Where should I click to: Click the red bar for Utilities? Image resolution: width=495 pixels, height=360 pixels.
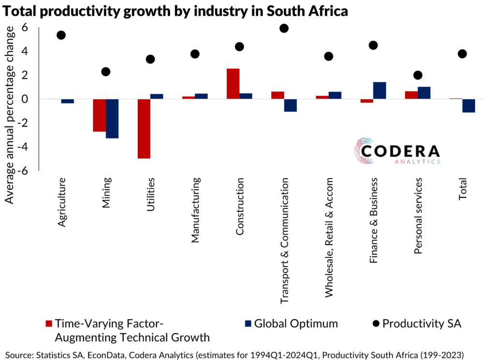coord(144,129)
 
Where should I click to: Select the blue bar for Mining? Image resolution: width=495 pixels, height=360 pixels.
coord(112,119)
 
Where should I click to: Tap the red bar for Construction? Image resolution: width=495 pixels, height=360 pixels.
coord(233,84)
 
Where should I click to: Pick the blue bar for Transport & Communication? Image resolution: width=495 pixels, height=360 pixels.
coord(290,105)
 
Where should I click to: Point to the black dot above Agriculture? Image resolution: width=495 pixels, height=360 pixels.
coord(61,35)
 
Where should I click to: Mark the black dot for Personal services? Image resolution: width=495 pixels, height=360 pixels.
coord(418,75)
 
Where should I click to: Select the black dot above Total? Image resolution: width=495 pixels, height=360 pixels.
coord(462,54)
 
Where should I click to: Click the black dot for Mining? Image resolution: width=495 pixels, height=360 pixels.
coord(105,72)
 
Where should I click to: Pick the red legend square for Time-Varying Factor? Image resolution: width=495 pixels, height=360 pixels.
coord(48,324)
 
